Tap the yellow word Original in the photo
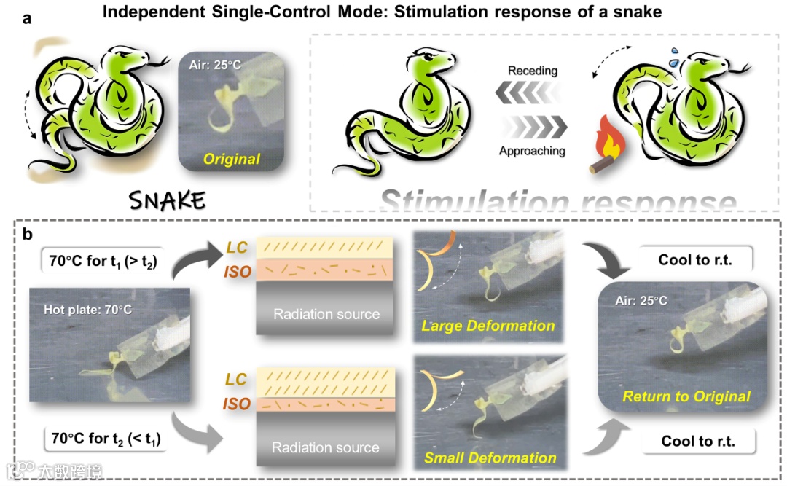tap(232, 158)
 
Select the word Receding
tap(532, 71)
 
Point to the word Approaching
tap(532, 151)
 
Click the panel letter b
tap(27, 234)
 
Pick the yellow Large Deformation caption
tap(488, 325)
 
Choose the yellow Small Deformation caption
tap(490, 458)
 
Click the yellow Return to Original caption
tap(686, 396)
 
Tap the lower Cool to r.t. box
tap(698, 441)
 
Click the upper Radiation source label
tap(326, 315)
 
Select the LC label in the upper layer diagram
tap(237, 247)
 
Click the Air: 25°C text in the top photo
tap(216, 65)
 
